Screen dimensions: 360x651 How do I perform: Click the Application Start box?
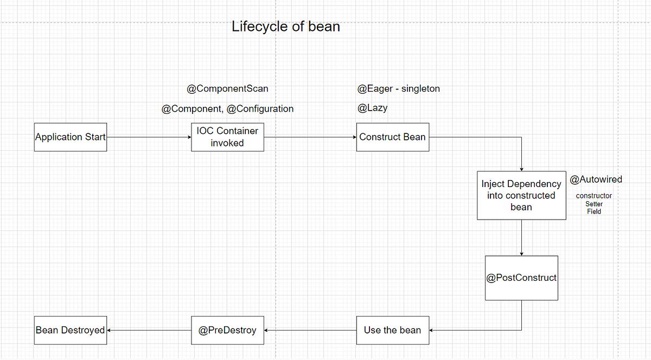(x=71, y=137)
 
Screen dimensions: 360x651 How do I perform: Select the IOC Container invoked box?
(x=227, y=137)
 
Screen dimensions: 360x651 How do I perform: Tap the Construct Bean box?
(x=392, y=137)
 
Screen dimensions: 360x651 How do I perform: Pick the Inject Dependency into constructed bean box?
(x=521, y=195)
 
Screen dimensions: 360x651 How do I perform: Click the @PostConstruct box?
(x=521, y=278)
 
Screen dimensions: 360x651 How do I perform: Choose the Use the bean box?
(x=392, y=330)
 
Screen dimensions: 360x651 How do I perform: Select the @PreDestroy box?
(x=227, y=330)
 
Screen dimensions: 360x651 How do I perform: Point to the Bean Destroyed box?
(x=70, y=330)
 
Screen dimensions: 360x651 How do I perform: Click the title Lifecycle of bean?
(x=286, y=26)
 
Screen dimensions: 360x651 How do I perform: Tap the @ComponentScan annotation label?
(x=227, y=88)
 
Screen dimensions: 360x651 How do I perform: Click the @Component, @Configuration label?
(x=227, y=108)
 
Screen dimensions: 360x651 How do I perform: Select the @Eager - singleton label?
(x=398, y=88)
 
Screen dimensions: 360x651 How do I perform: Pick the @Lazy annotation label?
(x=372, y=108)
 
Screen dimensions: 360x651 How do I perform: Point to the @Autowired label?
(x=596, y=179)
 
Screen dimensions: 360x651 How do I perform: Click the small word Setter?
(x=594, y=204)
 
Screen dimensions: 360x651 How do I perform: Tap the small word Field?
(x=594, y=211)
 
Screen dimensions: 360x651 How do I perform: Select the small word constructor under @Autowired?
(x=594, y=196)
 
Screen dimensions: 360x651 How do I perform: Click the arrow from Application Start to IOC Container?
(x=149, y=137)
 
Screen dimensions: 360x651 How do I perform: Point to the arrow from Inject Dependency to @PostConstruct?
(x=521, y=237)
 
